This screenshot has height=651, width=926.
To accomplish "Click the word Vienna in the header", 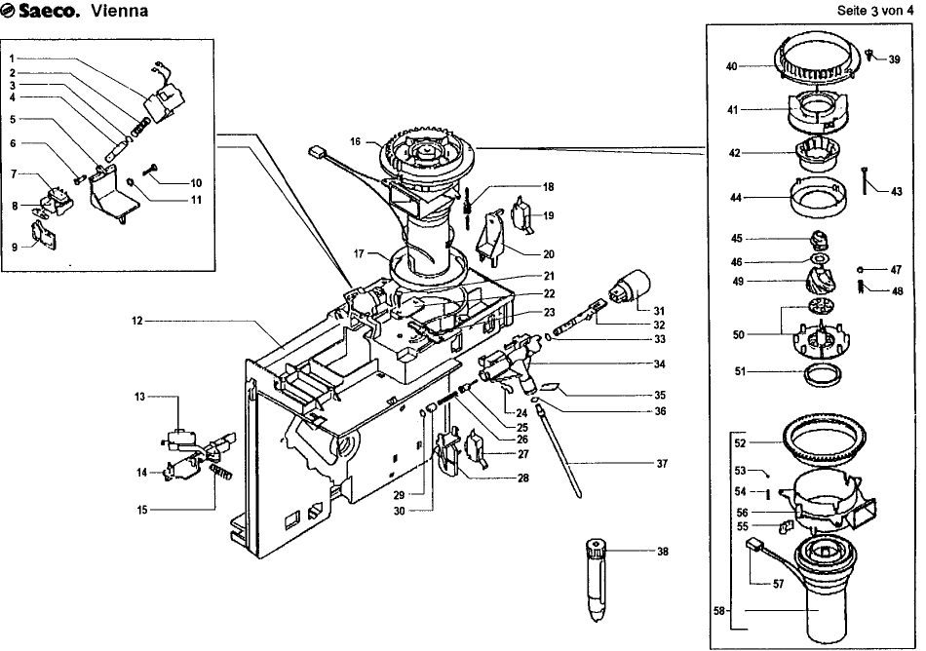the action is [119, 12].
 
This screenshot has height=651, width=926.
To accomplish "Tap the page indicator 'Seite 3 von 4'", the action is [875, 11].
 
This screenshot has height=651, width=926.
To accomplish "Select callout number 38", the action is [663, 552].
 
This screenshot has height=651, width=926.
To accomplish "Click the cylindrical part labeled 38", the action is [598, 579].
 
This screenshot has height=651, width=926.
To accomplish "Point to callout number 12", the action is [137, 321].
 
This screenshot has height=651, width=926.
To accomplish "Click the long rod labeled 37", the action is [559, 451].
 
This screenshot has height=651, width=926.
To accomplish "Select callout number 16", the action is [355, 141].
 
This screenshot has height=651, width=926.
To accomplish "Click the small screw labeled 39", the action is [869, 54].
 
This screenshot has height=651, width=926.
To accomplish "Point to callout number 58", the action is [718, 611].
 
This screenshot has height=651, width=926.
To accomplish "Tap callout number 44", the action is [735, 197].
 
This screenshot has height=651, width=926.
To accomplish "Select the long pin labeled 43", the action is [866, 180].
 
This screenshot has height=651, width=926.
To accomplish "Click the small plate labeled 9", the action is [44, 235].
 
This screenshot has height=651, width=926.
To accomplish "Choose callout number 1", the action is [12, 58].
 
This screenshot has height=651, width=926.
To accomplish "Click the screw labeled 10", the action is [150, 170].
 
